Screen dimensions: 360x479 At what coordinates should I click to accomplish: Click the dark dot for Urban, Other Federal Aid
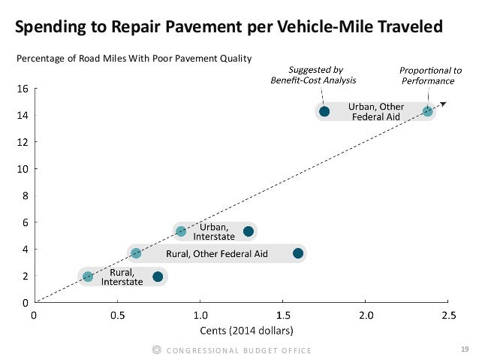click(324, 112)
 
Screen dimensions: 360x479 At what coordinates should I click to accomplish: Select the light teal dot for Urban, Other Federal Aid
click(427, 112)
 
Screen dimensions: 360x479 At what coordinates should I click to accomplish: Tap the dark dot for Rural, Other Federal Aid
click(298, 254)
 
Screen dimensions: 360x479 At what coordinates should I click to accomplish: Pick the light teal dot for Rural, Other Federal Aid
click(136, 254)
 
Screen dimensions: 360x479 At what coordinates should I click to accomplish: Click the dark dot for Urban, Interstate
click(249, 231)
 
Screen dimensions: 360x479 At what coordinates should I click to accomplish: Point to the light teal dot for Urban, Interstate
click(181, 231)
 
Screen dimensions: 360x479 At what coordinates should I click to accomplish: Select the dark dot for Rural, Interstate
click(158, 277)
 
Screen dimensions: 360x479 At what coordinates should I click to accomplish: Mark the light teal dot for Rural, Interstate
click(88, 277)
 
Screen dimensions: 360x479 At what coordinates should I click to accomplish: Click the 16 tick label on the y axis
click(23, 88)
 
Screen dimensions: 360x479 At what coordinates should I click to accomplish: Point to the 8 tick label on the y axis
click(25, 195)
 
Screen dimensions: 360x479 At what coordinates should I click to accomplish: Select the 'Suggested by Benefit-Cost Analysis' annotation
click(313, 74)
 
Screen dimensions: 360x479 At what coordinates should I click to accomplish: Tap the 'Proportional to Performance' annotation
click(430, 74)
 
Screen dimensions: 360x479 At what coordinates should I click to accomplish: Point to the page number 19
click(463, 349)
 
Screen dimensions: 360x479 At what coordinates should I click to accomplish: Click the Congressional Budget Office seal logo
click(156, 349)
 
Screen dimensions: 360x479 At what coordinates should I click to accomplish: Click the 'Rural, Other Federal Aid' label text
click(217, 254)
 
